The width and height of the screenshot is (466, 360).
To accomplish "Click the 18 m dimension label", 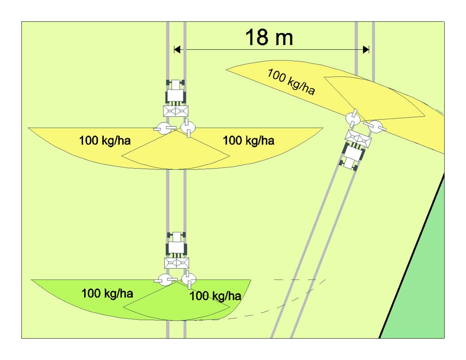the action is point(269,37).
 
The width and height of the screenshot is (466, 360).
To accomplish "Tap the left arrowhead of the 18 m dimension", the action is point(177,49).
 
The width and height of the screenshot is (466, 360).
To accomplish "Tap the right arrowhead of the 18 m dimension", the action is point(366,49).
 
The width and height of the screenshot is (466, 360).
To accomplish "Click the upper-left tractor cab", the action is point(176,92).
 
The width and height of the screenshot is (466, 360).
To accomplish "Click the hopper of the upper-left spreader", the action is point(176,111).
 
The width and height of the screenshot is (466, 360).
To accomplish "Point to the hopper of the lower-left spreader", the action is point(177,263).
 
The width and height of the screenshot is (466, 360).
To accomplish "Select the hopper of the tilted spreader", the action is point(358,139).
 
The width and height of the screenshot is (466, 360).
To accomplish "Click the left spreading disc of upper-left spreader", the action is point(165,128).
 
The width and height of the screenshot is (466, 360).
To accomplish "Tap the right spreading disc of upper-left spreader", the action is point(188,127).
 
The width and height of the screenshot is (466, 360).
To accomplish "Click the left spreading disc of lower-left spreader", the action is point(166,280).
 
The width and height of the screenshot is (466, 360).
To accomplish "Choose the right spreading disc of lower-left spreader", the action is point(189,279).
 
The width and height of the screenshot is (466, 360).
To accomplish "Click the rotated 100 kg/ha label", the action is point(291,81).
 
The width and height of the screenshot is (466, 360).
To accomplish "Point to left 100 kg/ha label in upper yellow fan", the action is point(105,140).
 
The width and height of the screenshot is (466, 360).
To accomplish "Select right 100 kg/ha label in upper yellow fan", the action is point(249,140).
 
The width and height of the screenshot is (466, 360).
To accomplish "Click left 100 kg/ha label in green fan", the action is point(107,293).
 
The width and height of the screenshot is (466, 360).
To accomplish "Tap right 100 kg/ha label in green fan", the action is point(215,296).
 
